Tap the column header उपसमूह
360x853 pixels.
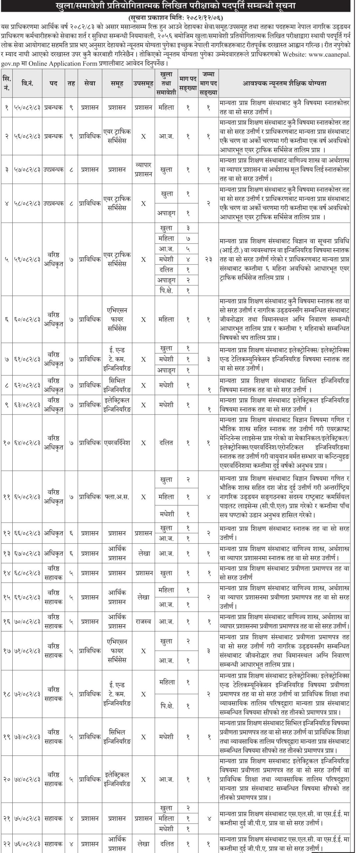pyautogui.click(x=143, y=83)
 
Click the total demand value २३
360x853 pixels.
pyautogui.click(x=209, y=259)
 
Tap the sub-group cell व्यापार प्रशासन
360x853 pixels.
pyautogui.click(x=143, y=169)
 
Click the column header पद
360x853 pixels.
pyautogui.click(x=53, y=83)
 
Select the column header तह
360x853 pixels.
pyautogui.click(x=71, y=83)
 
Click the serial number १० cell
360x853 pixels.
pyautogui.click(x=7, y=443)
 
